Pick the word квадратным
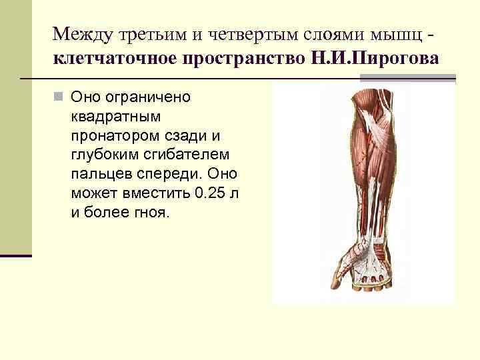115,117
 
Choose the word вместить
155,194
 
